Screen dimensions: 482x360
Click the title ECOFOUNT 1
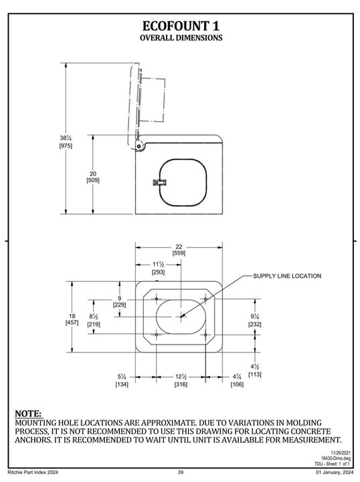tap(181, 25)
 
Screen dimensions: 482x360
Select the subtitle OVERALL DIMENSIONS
tap(181, 38)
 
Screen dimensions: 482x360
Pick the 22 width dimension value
tap(179, 246)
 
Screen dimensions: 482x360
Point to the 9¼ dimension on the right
tap(256, 316)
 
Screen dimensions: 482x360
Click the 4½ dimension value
tap(256, 367)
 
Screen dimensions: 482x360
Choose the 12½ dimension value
tap(181, 376)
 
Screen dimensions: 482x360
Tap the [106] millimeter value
tap(237, 384)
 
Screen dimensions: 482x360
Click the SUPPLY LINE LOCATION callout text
tap(287, 276)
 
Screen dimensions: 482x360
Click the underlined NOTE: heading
tap(28, 414)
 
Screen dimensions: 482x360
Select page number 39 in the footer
tap(181, 473)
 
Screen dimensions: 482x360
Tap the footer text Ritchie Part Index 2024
tap(31, 473)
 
